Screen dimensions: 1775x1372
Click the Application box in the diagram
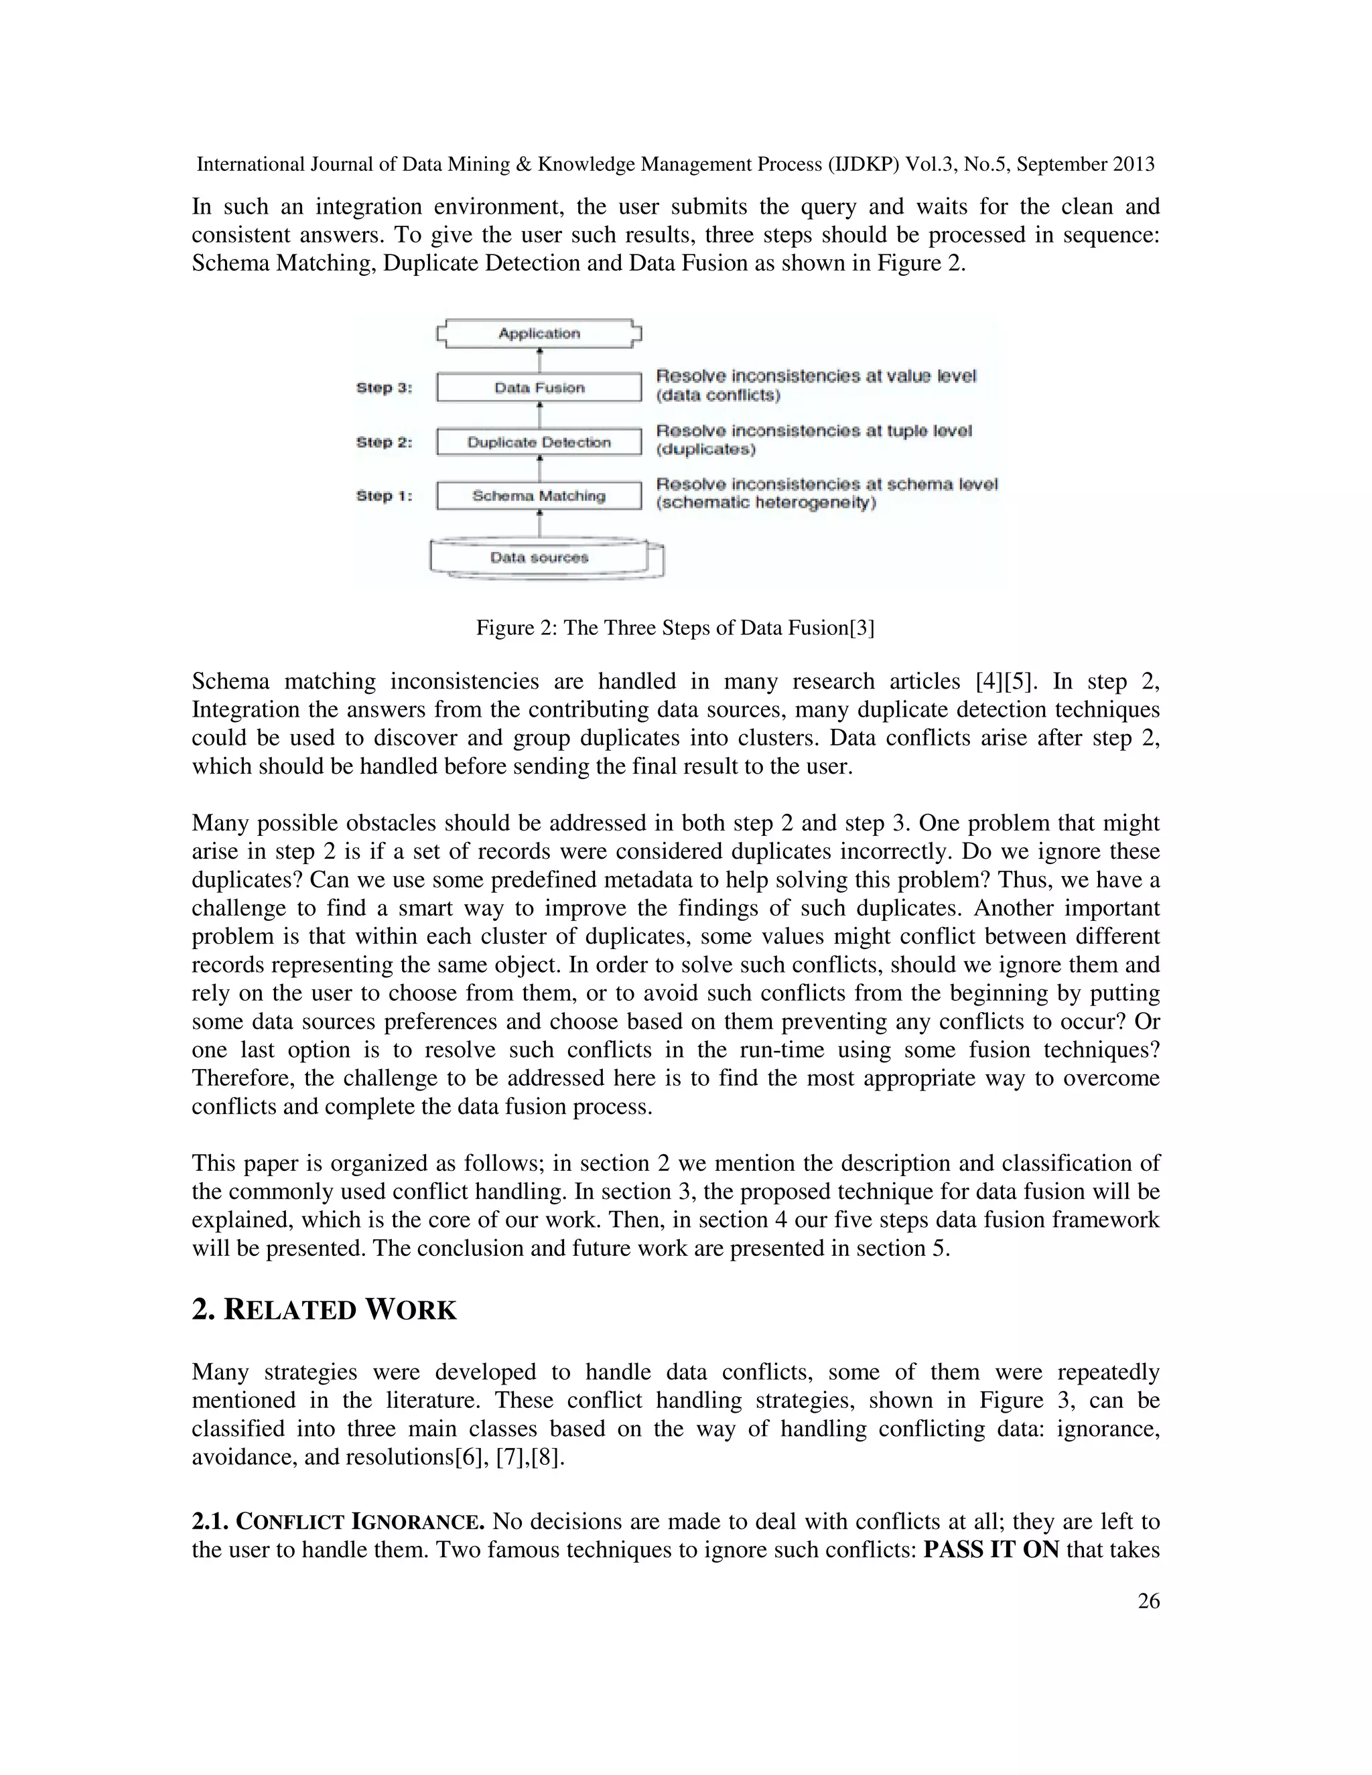click(539, 333)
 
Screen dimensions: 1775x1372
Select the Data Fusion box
click(539, 388)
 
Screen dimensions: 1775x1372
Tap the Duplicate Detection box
click(539, 442)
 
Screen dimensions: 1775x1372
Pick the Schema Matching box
click(539, 496)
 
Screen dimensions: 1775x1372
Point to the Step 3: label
click(384, 388)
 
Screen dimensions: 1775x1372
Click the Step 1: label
click(384, 496)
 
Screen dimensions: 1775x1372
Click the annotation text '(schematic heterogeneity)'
click(766, 503)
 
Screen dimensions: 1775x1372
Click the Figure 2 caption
click(675, 628)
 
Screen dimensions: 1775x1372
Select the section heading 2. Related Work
click(324, 1310)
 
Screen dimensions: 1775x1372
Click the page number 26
click(1148, 1601)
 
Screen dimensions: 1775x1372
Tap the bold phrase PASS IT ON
click(991, 1550)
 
